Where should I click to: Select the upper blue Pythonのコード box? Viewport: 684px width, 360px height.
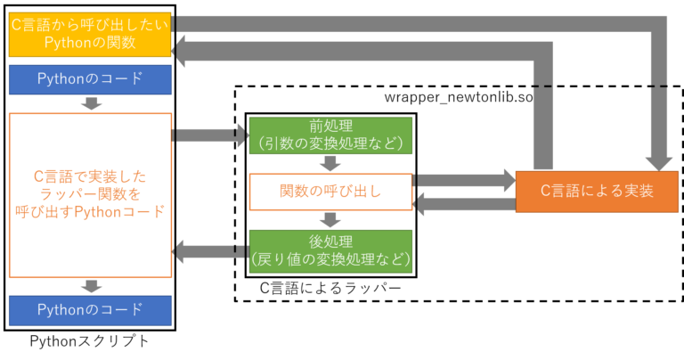coord(89,78)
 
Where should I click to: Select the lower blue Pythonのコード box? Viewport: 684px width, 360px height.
coord(89,310)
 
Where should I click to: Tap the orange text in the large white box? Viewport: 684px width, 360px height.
coord(89,195)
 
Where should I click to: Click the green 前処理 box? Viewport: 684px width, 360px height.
coord(330,133)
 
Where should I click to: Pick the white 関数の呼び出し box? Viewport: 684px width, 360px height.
coord(330,191)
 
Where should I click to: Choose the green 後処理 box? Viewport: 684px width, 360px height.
coord(330,250)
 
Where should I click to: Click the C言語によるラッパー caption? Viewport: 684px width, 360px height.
coord(330,289)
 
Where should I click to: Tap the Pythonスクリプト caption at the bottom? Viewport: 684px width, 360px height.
coord(89,341)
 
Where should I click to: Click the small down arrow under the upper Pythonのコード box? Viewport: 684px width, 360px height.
coord(90,103)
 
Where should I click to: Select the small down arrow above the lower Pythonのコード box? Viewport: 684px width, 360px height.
coord(90,286)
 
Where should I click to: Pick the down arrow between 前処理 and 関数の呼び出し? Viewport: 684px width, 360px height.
coord(330,162)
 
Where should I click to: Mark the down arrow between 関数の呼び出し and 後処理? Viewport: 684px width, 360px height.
coord(330,219)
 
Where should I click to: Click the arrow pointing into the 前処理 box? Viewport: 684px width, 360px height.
coord(210,135)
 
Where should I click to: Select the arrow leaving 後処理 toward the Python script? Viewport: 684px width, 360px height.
coord(208,251)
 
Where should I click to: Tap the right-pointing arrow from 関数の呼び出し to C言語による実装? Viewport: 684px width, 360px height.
coord(464,180)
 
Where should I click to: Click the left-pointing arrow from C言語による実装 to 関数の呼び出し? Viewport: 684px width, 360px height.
coord(462,205)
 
